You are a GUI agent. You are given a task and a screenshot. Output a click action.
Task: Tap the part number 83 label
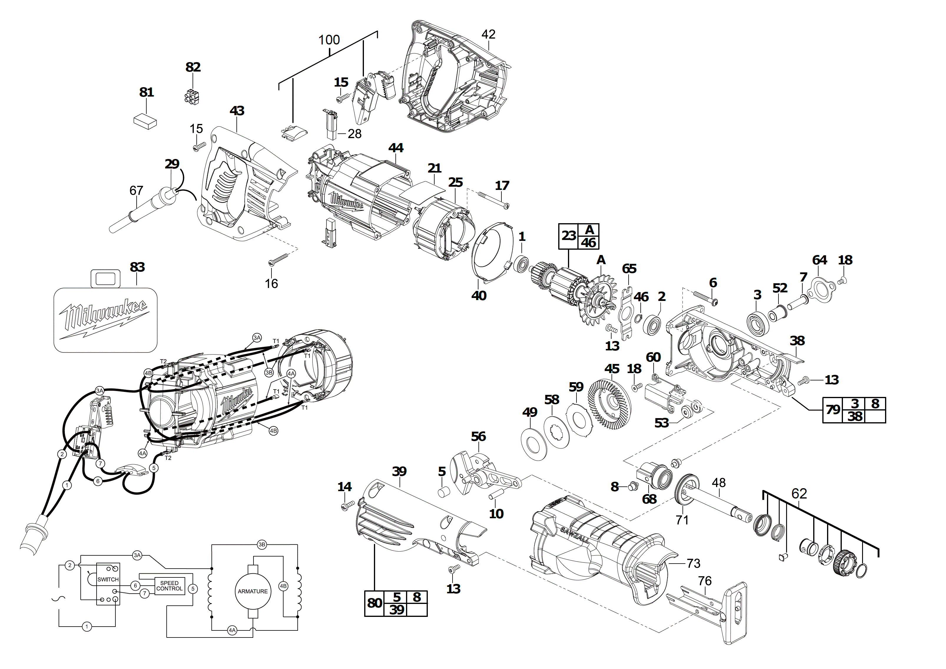tap(137, 267)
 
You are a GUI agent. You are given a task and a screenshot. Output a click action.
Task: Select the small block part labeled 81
tap(145, 121)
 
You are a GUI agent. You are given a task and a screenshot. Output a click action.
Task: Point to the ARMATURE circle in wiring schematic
tap(253, 591)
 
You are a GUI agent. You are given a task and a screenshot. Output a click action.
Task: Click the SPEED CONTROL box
tap(169, 586)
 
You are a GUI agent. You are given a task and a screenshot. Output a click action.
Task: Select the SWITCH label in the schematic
tap(108, 579)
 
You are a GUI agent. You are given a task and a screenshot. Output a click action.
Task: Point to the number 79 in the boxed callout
tap(833, 410)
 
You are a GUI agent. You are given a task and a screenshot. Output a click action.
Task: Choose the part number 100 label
tap(329, 40)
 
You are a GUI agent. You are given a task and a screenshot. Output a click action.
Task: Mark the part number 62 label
tap(799, 493)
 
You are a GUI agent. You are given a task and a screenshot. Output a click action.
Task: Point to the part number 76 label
tap(705, 581)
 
